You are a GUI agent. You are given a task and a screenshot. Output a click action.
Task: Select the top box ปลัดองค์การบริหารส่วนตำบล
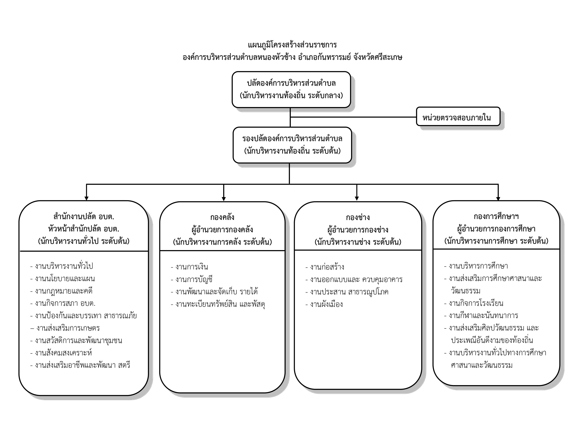(x=291, y=89)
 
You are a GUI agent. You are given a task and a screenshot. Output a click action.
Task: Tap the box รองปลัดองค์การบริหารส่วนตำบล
(x=292, y=145)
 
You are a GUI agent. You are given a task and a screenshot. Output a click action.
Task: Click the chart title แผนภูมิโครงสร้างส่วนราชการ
(x=292, y=45)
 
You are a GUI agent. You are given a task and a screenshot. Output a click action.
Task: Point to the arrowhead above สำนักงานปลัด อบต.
(x=86, y=198)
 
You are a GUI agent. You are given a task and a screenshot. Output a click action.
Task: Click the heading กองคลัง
(x=222, y=217)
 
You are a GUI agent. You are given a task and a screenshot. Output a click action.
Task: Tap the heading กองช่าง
(x=358, y=217)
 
